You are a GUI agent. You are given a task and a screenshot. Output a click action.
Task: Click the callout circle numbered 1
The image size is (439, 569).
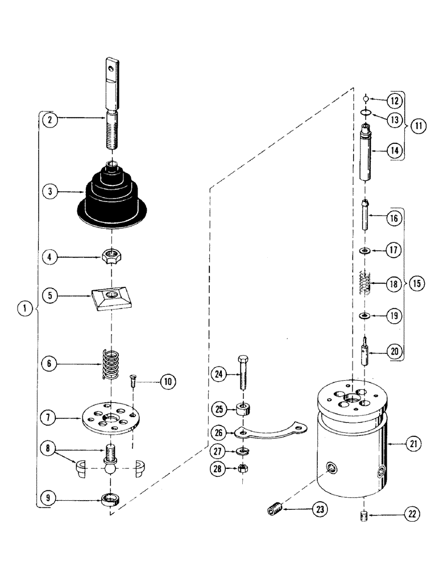24,309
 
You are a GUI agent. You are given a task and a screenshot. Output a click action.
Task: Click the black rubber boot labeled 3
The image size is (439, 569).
114,197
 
